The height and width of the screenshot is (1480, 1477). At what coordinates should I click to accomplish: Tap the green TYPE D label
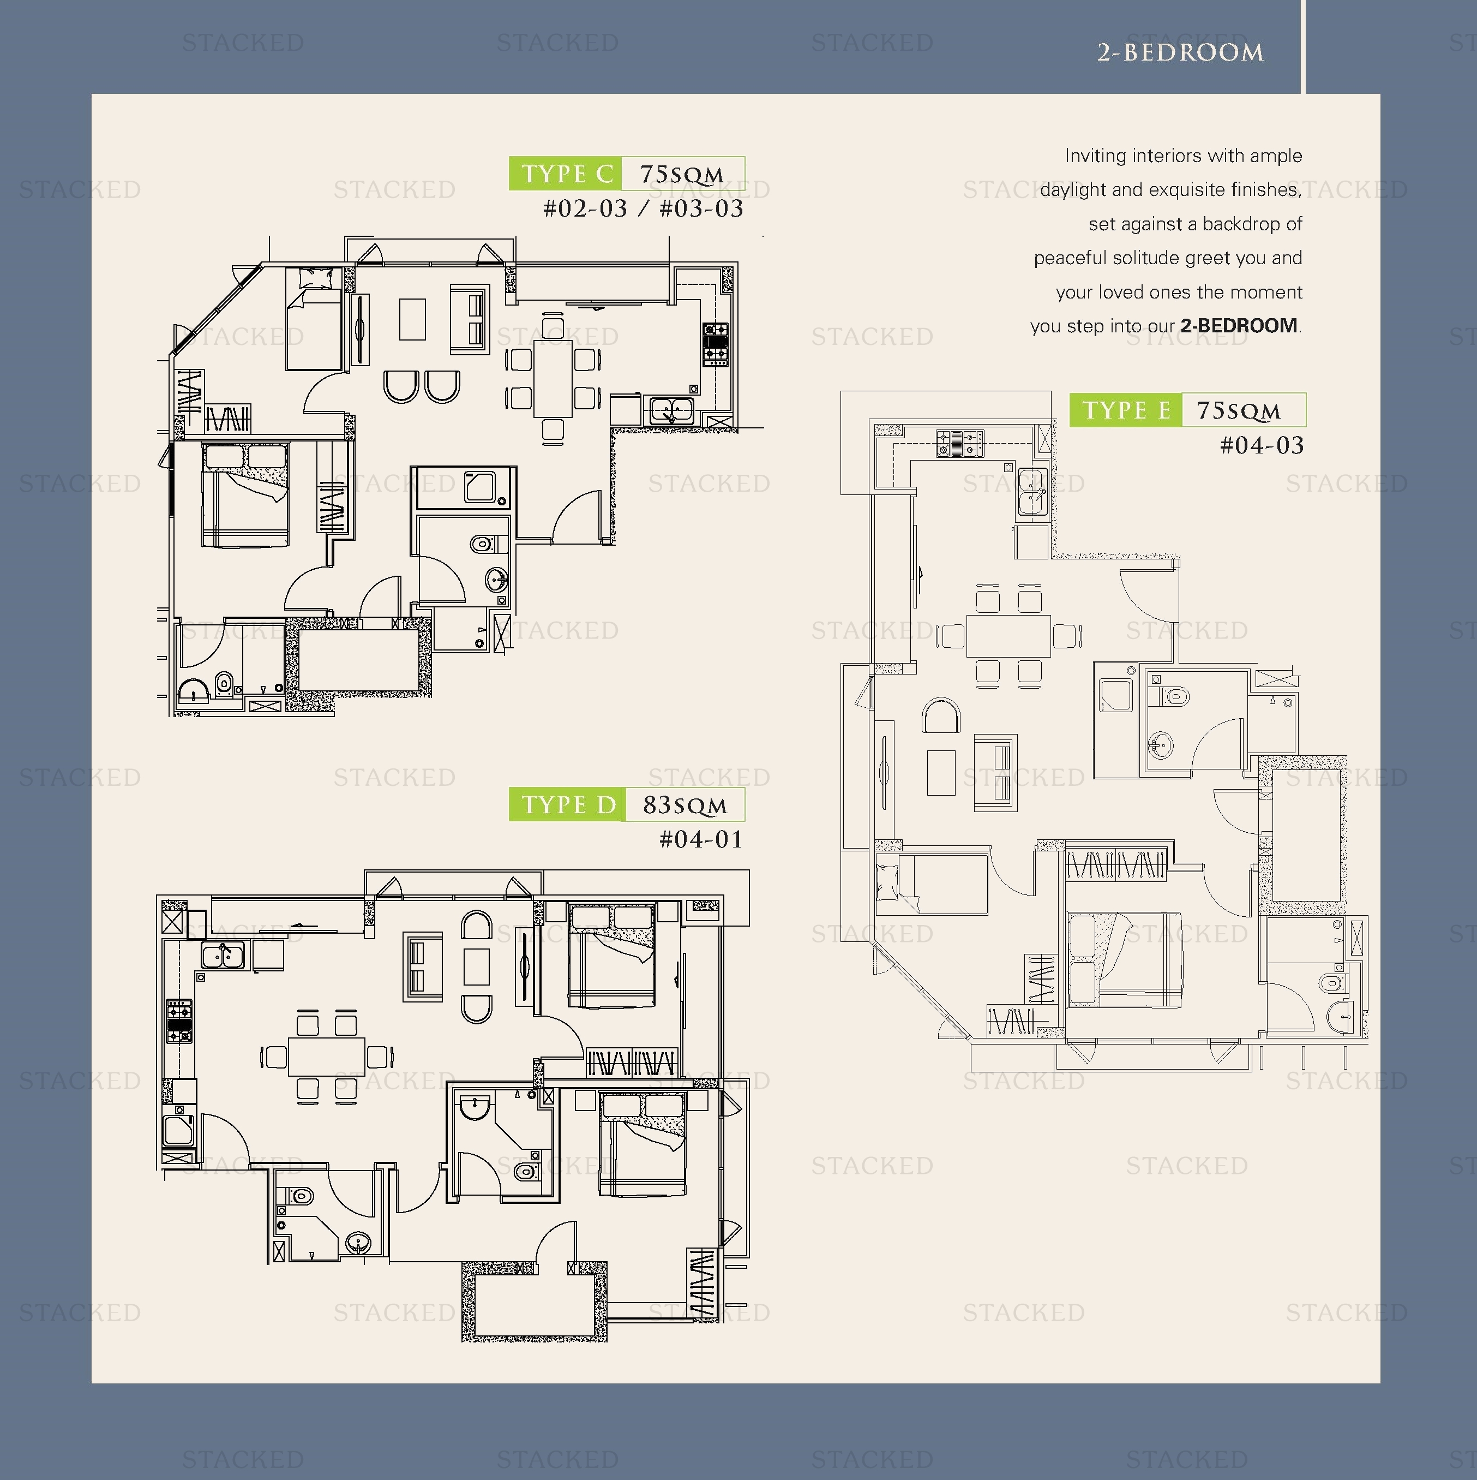[567, 804]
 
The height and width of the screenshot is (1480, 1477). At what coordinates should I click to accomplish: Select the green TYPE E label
[1126, 410]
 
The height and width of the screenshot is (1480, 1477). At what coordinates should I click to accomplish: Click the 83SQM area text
[685, 805]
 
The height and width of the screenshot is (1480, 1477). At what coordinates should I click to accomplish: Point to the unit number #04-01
[701, 839]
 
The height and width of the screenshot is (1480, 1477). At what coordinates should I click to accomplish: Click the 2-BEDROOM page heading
[1180, 52]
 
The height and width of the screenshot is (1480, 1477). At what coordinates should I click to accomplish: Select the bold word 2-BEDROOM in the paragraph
[1239, 326]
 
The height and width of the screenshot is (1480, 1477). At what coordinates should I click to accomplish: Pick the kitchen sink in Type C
[671, 410]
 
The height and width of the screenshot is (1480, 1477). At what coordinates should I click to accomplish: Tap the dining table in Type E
[1008, 635]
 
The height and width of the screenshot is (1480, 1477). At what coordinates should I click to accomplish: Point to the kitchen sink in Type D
[224, 955]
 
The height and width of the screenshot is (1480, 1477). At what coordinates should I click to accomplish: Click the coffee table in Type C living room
[412, 319]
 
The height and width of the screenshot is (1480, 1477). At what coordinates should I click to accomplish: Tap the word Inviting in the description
[1095, 156]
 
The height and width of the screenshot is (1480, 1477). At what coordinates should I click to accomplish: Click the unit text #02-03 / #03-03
[643, 209]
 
